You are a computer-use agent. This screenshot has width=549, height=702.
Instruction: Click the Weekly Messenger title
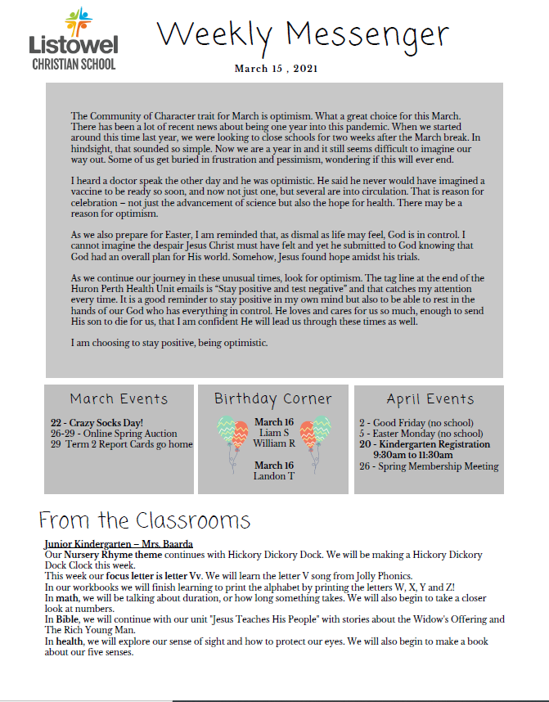click(303, 34)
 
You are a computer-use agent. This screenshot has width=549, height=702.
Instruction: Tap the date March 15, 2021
click(277, 68)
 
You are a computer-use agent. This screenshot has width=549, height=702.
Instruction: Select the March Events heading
click(119, 399)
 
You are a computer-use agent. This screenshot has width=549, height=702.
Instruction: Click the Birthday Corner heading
click(273, 399)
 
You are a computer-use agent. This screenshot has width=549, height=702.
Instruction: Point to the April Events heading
click(430, 399)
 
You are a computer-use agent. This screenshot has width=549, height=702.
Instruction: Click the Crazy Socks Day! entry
click(97, 422)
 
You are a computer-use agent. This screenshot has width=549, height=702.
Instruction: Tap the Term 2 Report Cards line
click(121, 444)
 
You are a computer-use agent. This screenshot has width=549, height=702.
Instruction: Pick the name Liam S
click(273, 432)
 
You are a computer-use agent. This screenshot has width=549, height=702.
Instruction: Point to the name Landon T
click(273, 476)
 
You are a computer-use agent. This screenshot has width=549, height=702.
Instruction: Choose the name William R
click(274, 443)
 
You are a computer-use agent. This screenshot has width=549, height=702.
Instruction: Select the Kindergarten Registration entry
click(425, 444)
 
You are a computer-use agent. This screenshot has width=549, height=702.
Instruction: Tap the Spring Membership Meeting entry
click(429, 466)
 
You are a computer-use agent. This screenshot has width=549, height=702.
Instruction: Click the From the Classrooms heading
click(145, 521)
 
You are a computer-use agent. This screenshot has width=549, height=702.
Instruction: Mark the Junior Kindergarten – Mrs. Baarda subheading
click(119, 544)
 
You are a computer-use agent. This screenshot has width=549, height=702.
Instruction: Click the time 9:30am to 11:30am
click(413, 455)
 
